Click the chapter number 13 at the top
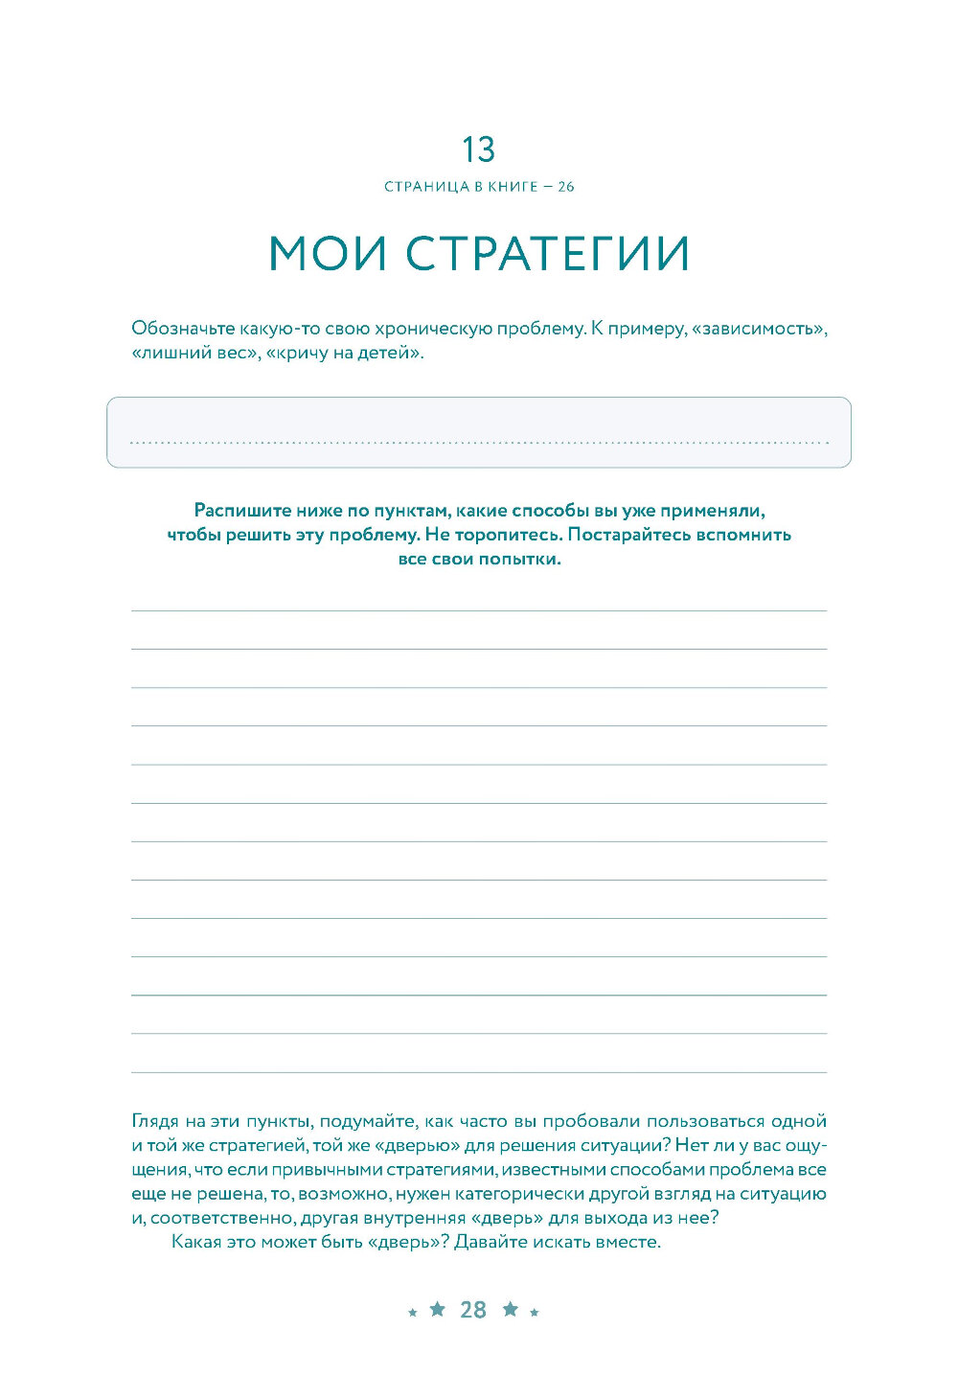(478, 149)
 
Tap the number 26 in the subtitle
(565, 187)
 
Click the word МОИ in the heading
(328, 254)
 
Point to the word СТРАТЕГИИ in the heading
(547, 254)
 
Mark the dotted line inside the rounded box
(479, 443)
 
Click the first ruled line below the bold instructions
(479, 610)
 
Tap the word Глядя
(155, 1121)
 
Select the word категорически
(556, 1194)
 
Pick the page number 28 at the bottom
(473, 1310)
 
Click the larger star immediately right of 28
(511, 1309)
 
